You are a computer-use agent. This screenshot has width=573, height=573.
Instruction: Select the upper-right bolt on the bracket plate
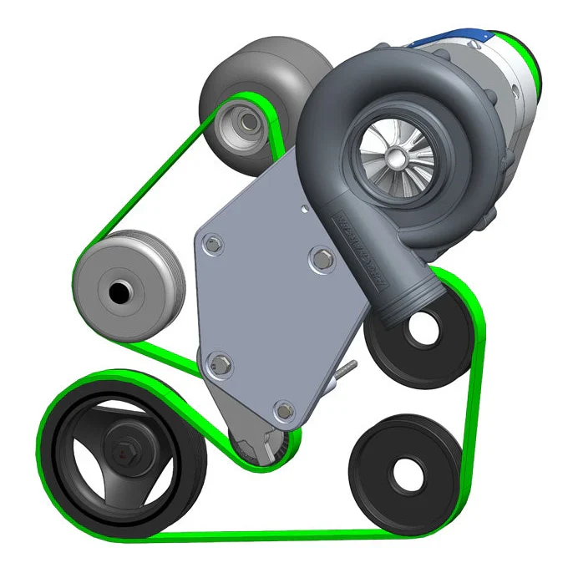[x=319, y=258]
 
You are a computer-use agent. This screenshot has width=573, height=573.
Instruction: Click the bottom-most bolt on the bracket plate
[x=282, y=409]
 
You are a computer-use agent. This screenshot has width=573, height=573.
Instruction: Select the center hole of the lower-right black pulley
[x=404, y=471]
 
